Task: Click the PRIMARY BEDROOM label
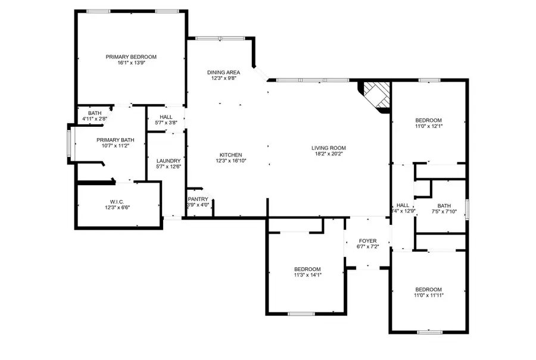point(131,57)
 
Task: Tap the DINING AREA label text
point(223,72)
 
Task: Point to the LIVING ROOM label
point(328,148)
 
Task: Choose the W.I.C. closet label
point(116,201)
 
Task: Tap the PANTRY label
point(198,199)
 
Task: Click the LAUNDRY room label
point(168,161)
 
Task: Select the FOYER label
point(367,241)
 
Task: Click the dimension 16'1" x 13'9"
point(131,63)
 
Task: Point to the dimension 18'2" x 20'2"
point(328,154)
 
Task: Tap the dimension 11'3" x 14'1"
point(307,275)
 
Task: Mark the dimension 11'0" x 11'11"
point(428,295)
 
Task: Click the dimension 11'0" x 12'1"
point(428,126)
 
